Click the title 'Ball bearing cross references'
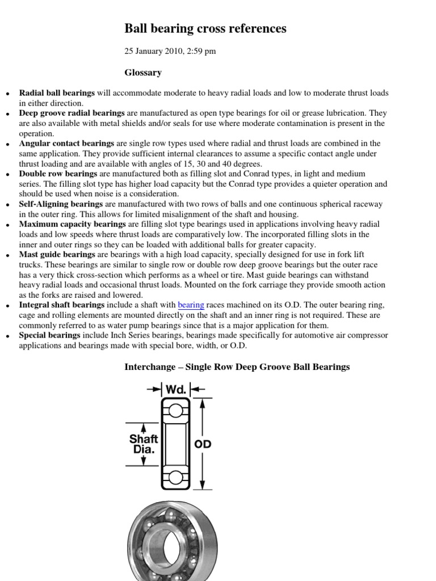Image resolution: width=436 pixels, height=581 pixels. tap(205, 28)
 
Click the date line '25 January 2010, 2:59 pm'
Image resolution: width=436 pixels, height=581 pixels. tap(170, 52)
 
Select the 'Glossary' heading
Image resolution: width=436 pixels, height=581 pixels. tap(143, 73)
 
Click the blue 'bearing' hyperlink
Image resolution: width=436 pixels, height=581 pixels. tap(191, 305)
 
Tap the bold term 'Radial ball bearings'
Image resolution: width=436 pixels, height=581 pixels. tap(57, 92)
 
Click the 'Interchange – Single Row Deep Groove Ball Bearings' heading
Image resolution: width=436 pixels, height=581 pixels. tap(237, 367)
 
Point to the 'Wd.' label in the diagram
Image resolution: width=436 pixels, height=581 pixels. tap(175, 390)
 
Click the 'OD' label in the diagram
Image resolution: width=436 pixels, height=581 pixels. tap(203, 444)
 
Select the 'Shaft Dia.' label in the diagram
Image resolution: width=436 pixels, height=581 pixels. tap(144, 444)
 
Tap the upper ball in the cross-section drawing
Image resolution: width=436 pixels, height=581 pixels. tap(175, 410)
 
